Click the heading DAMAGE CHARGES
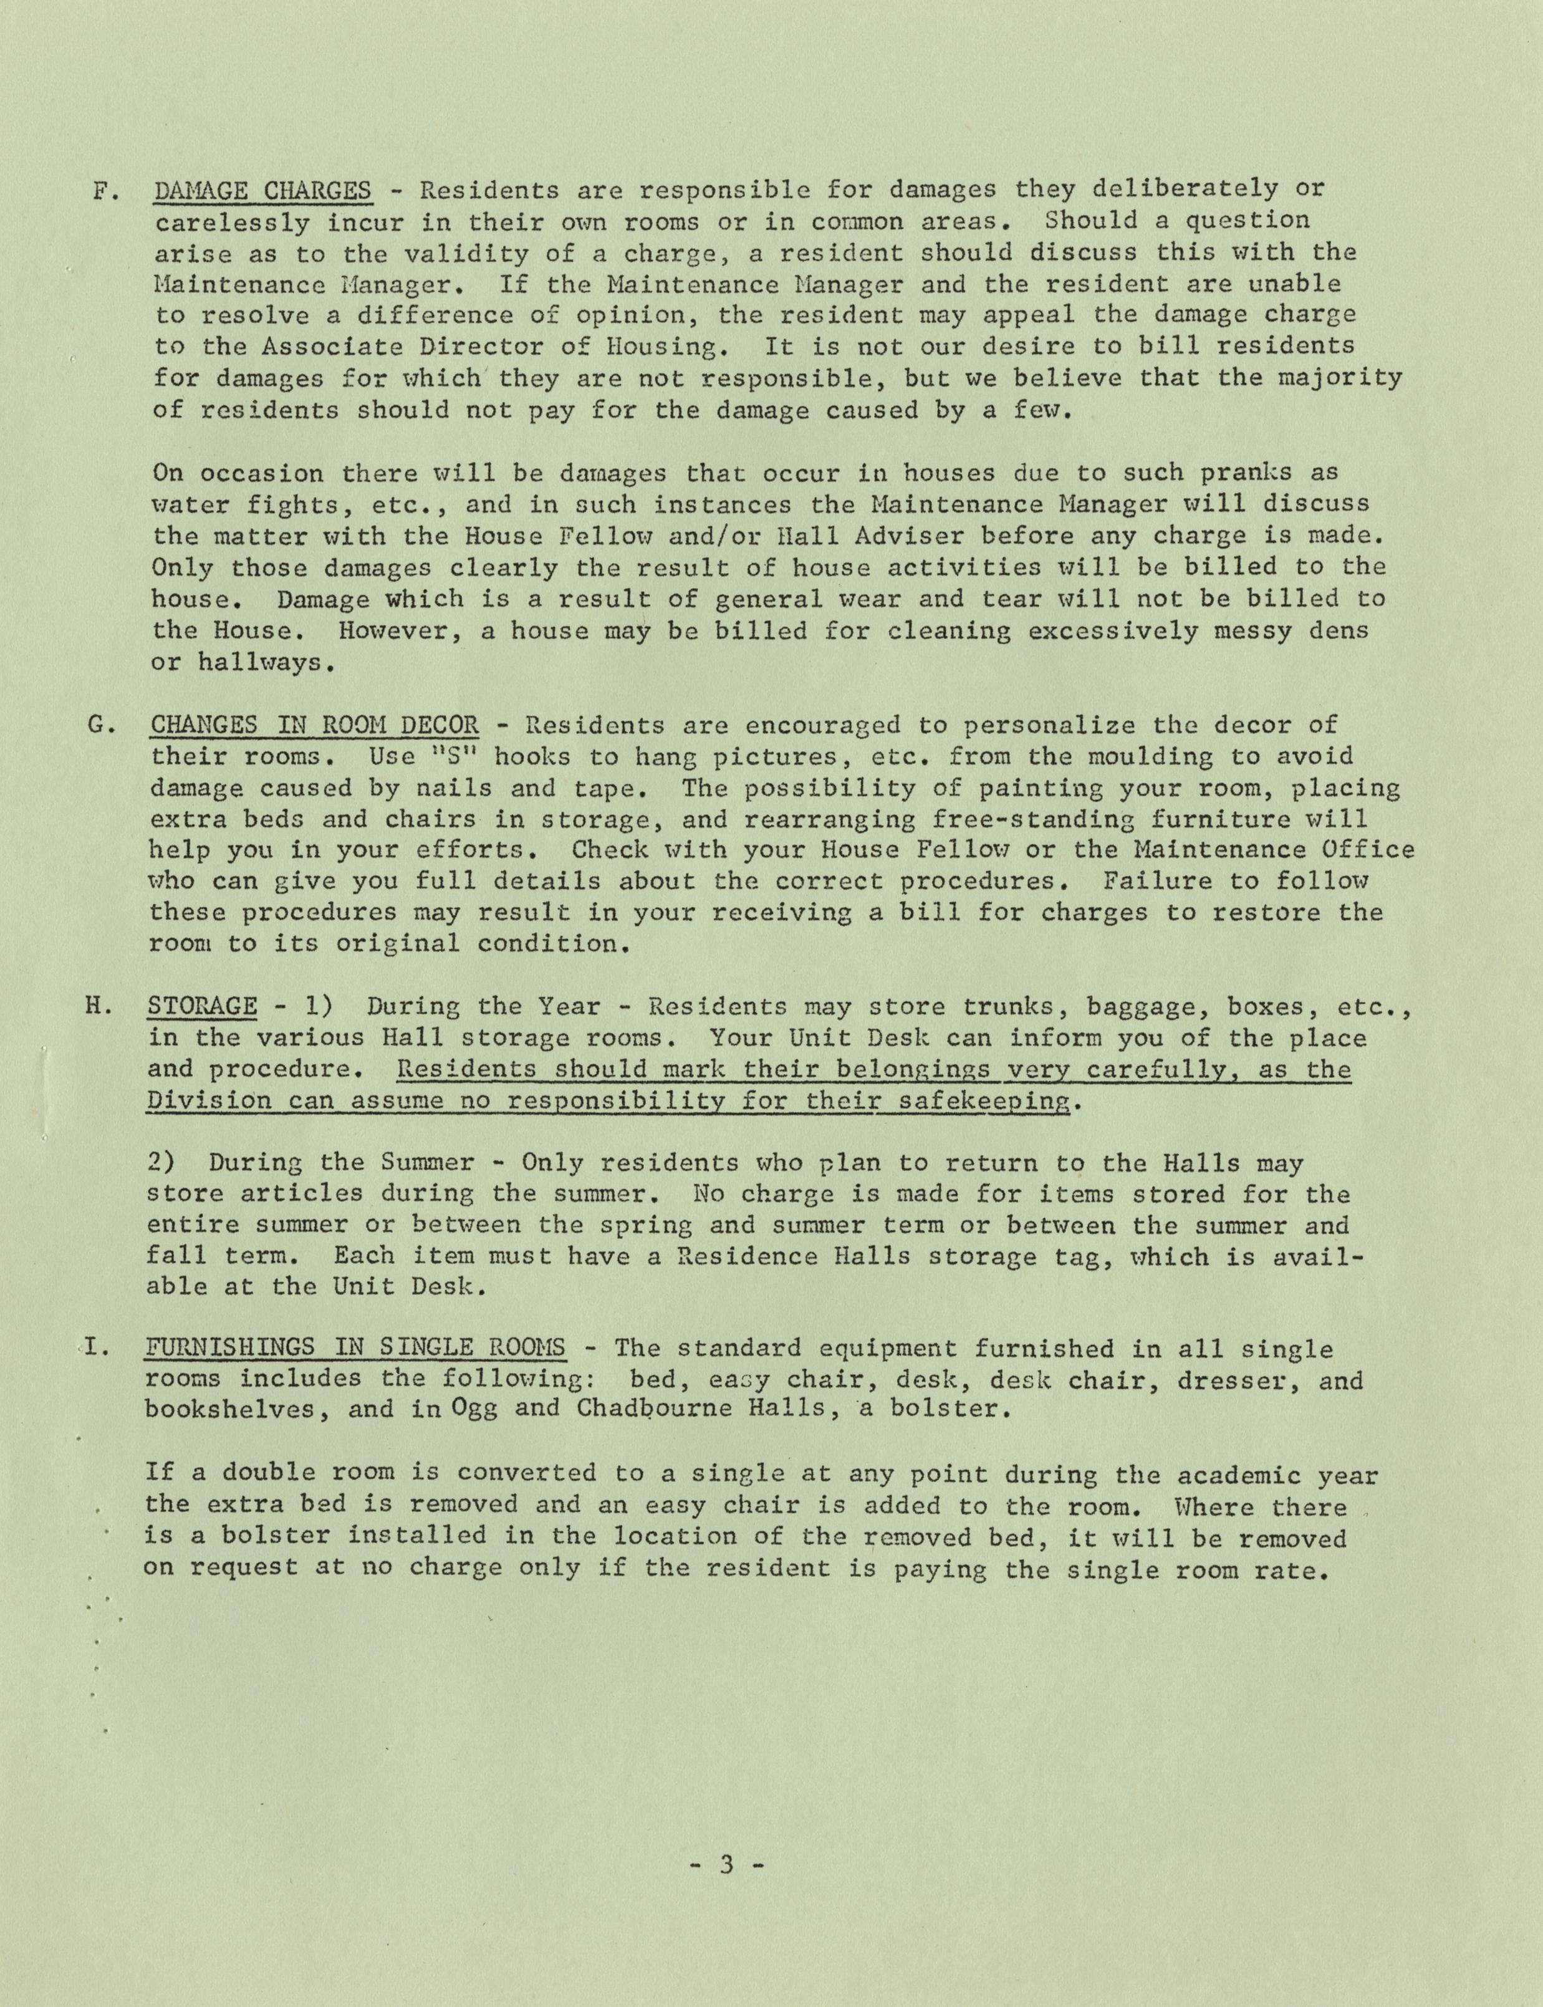point(264,191)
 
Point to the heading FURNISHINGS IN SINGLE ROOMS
point(355,1349)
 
